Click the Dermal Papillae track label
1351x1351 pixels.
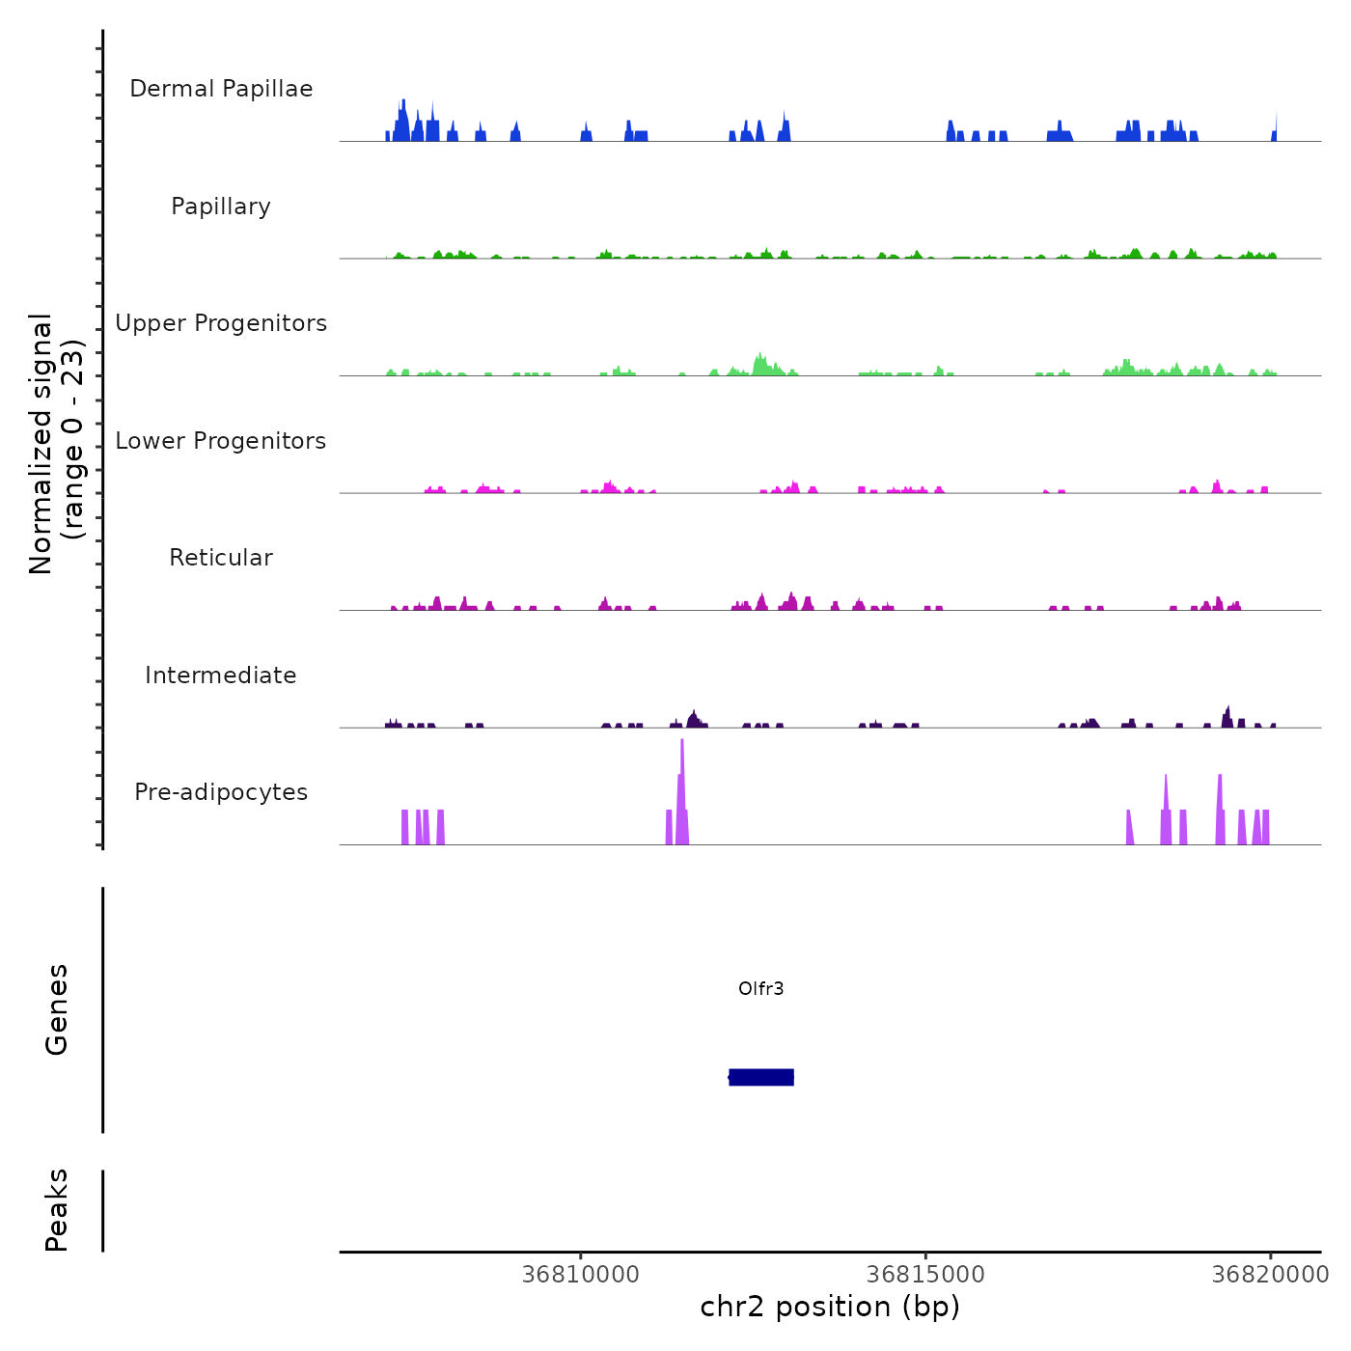coord(221,89)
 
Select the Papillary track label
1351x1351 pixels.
coord(221,207)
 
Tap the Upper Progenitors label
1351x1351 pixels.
coord(221,323)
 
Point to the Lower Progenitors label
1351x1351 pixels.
coord(221,441)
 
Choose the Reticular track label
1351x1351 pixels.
coord(221,558)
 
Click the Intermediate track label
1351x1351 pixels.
coord(221,675)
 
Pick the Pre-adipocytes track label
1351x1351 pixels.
coord(221,792)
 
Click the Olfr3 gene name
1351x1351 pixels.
coord(760,988)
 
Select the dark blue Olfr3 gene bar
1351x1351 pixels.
coord(761,1077)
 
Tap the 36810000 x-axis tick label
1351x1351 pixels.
coord(581,1275)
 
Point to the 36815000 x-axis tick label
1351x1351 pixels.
coord(925,1275)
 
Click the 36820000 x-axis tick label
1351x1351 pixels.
coord(1270,1275)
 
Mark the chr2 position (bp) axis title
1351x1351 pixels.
coord(830,1307)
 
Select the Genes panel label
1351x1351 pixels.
coord(57,1009)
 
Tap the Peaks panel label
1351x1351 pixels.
coord(57,1210)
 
